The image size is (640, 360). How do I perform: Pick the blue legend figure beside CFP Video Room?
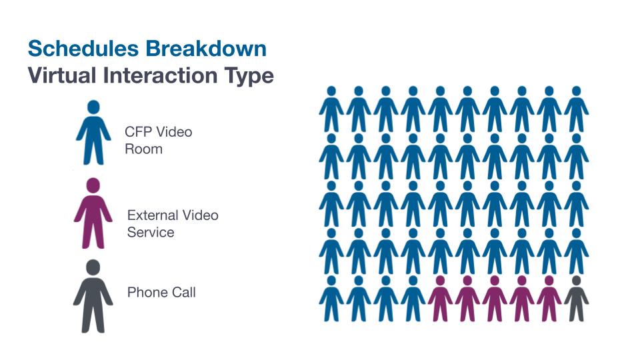click(93, 133)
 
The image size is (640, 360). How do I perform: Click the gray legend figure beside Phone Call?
click(93, 297)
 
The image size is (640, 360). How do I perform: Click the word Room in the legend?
click(143, 149)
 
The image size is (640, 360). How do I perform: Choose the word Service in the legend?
click(151, 232)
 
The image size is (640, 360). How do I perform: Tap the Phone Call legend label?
click(161, 292)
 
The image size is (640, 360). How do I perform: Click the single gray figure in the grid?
click(576, 299)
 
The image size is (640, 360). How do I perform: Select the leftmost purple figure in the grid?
click(440, 299)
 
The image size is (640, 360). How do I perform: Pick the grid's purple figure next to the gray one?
click(549, 299)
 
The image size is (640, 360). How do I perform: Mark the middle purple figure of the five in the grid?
click(495, 299)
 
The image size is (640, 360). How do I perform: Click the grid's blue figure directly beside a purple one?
click(413, 299)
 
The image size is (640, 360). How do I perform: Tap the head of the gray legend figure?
click(93, 267)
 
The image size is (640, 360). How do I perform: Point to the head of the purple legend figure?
click(93, 185)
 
